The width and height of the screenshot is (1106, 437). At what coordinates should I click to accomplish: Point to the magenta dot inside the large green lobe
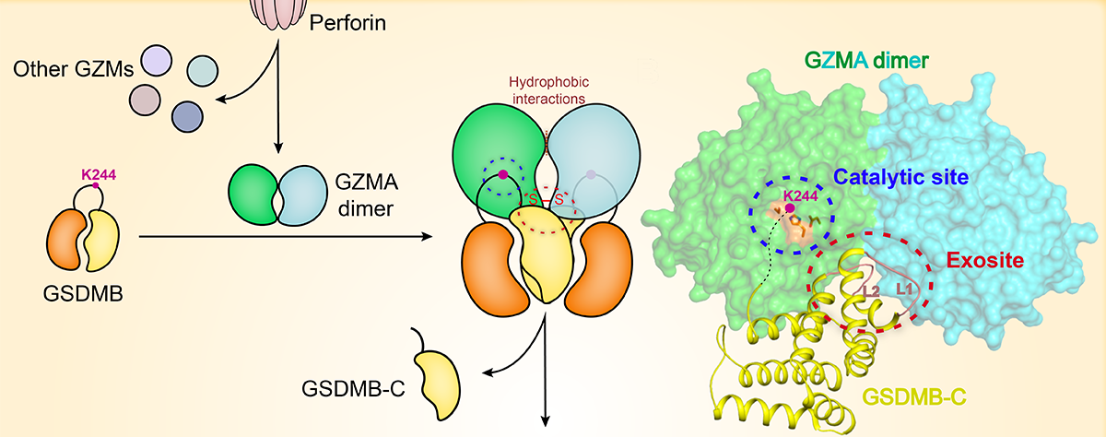click(x=502, y=174)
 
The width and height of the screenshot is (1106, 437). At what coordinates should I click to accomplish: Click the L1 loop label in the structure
click(x=904, y=289)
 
